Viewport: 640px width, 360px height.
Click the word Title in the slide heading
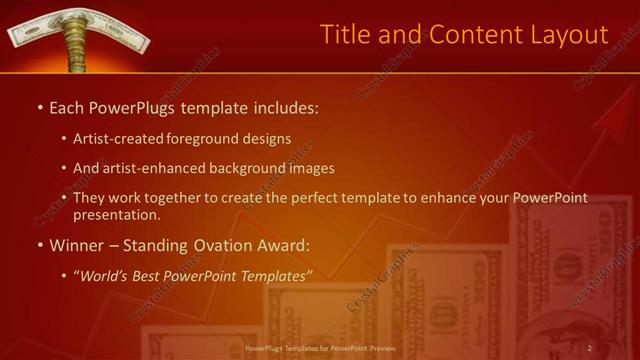click(343, 34)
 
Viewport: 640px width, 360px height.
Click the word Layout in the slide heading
click(565, 34)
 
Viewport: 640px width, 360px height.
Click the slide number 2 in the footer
click(589, 348)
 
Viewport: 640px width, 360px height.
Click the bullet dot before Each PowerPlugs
click(38, 107)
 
